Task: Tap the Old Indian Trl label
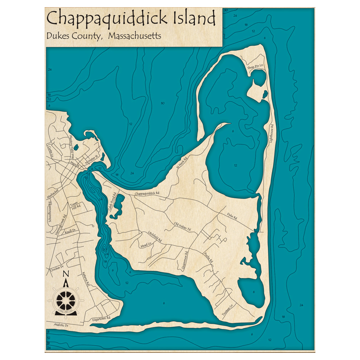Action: [182, 226]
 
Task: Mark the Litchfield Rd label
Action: [155, 237]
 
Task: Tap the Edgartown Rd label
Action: [101, 319]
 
